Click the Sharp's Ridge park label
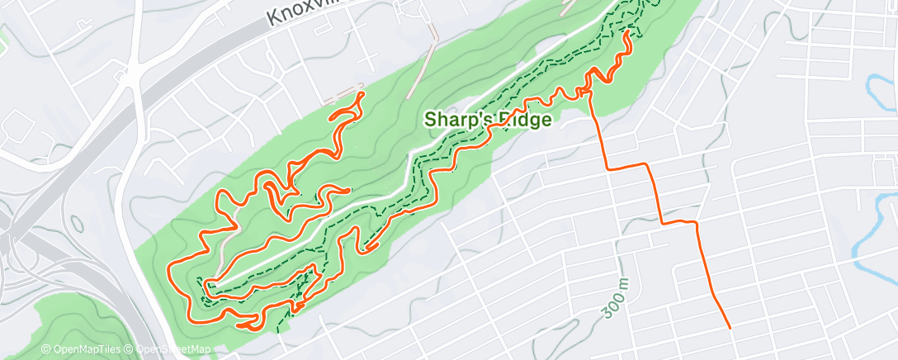pos(487,119)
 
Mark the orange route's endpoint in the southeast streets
pos(730,328)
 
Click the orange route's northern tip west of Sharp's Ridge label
pos(361,96)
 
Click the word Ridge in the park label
pos(522,119)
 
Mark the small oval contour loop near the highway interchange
pos(77,222)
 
